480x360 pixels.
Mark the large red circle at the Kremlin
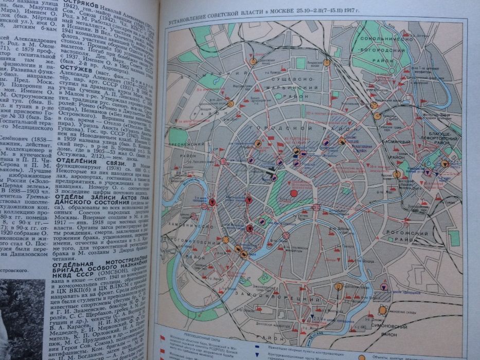coord(294,194)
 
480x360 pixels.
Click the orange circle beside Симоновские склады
coord(383,310)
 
